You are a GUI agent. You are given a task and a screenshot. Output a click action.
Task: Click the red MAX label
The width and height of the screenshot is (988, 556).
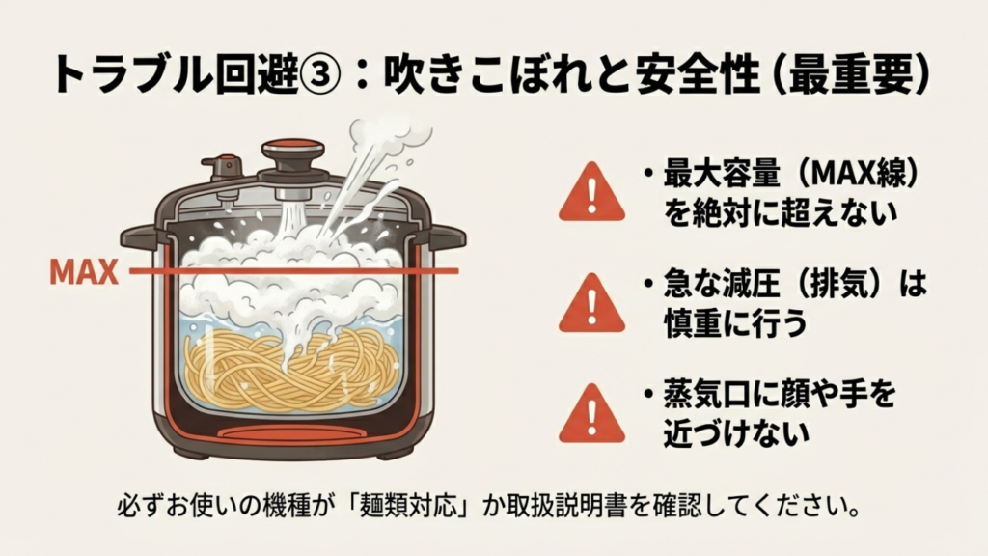coord(83,272)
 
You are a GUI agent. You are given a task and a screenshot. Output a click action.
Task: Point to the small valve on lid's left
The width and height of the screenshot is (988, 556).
coord(226,169)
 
